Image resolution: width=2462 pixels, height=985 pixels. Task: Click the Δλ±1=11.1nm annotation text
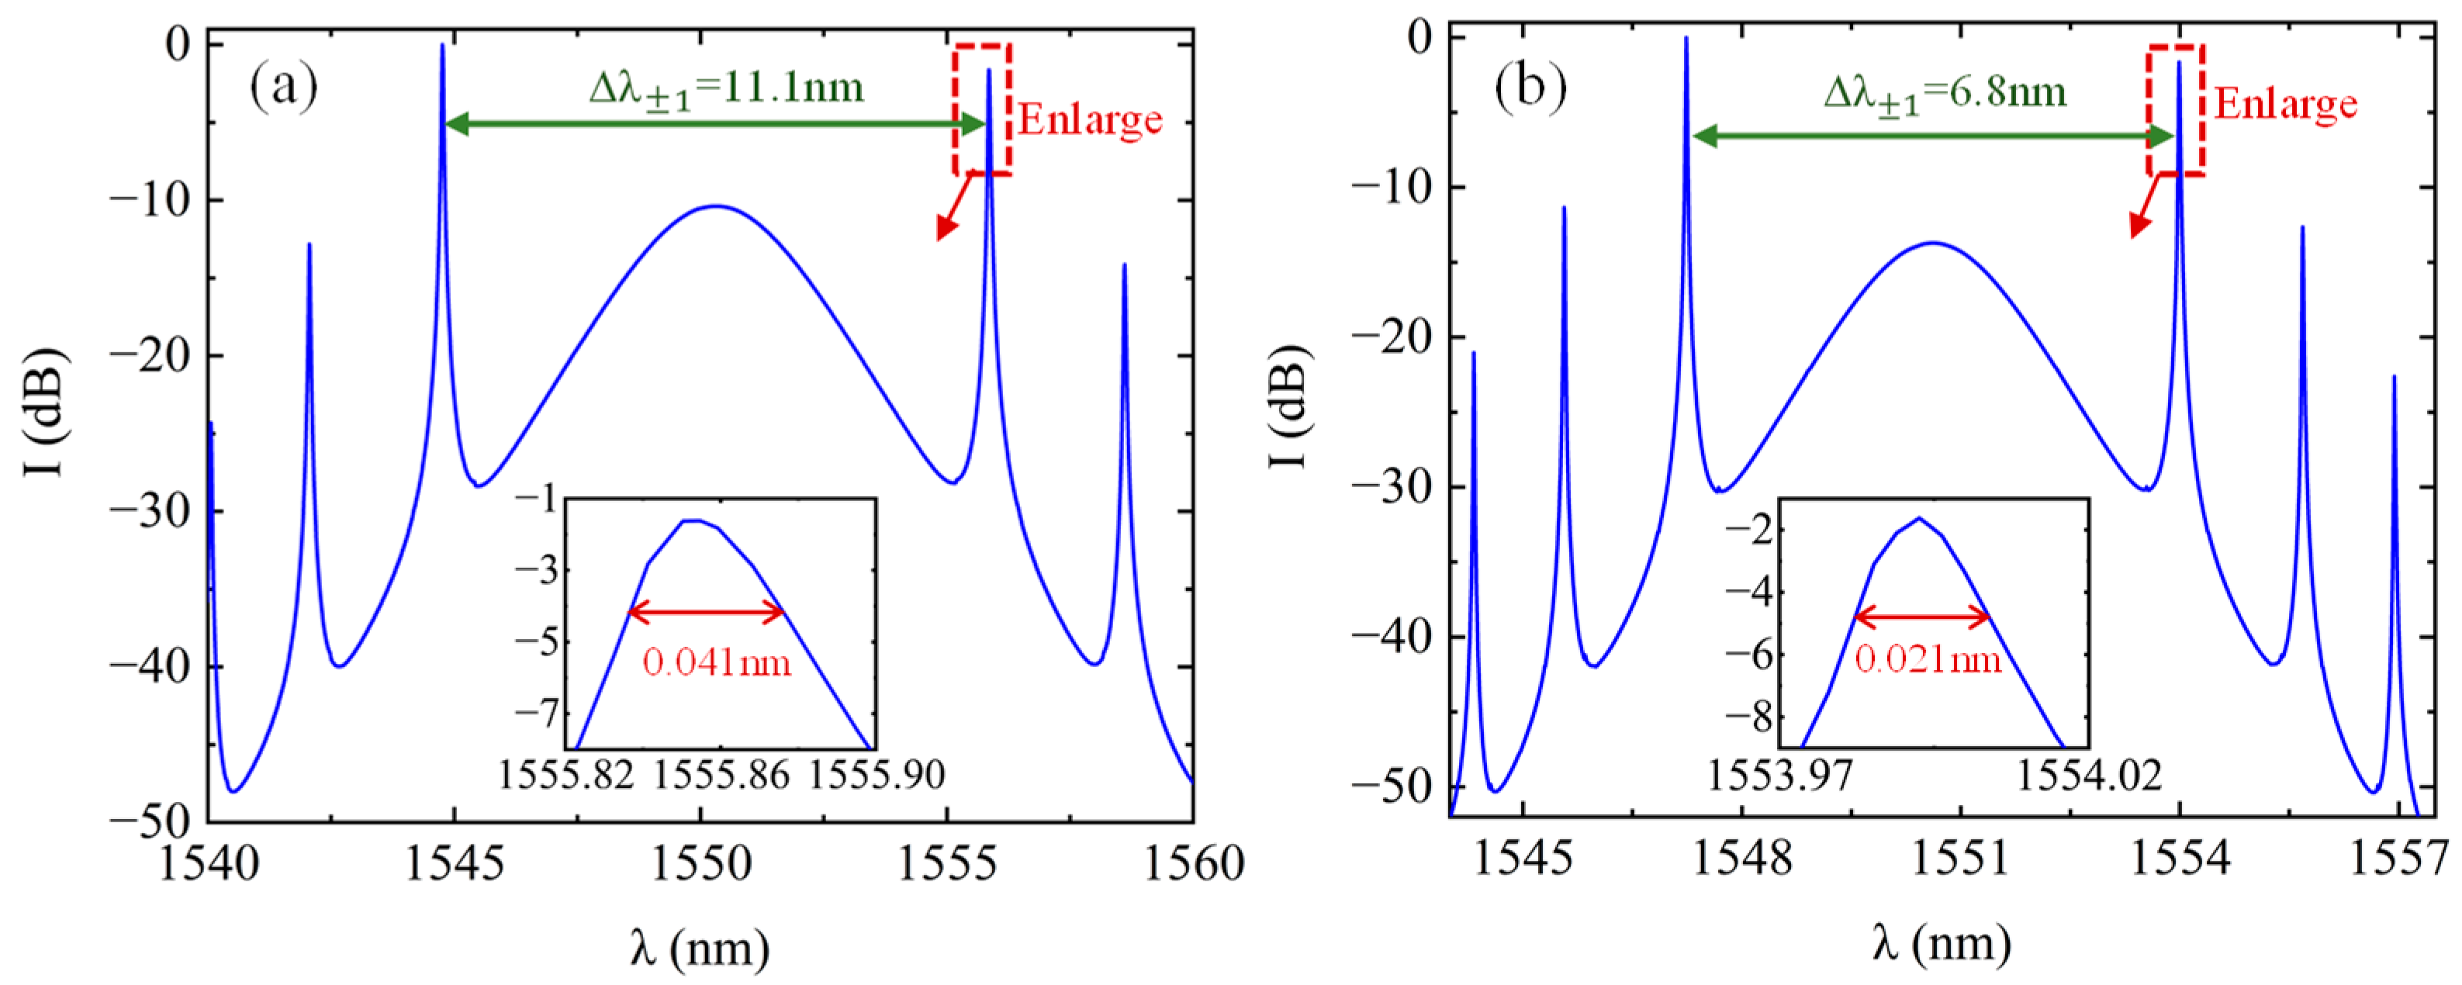[726, 89]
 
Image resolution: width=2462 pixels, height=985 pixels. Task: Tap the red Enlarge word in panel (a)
[1090, 120]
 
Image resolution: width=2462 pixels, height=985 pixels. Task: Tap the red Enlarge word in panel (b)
[2285, 104]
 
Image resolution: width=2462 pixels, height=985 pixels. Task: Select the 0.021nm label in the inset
[1928, 659]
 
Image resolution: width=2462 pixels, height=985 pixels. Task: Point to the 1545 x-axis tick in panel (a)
[454, 862]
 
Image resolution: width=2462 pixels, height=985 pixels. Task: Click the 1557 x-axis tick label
[2398, 857]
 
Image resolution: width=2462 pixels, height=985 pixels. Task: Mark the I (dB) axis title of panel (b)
[1289, 406]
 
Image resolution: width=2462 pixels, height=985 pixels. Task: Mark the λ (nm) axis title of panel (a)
[700, 948]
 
